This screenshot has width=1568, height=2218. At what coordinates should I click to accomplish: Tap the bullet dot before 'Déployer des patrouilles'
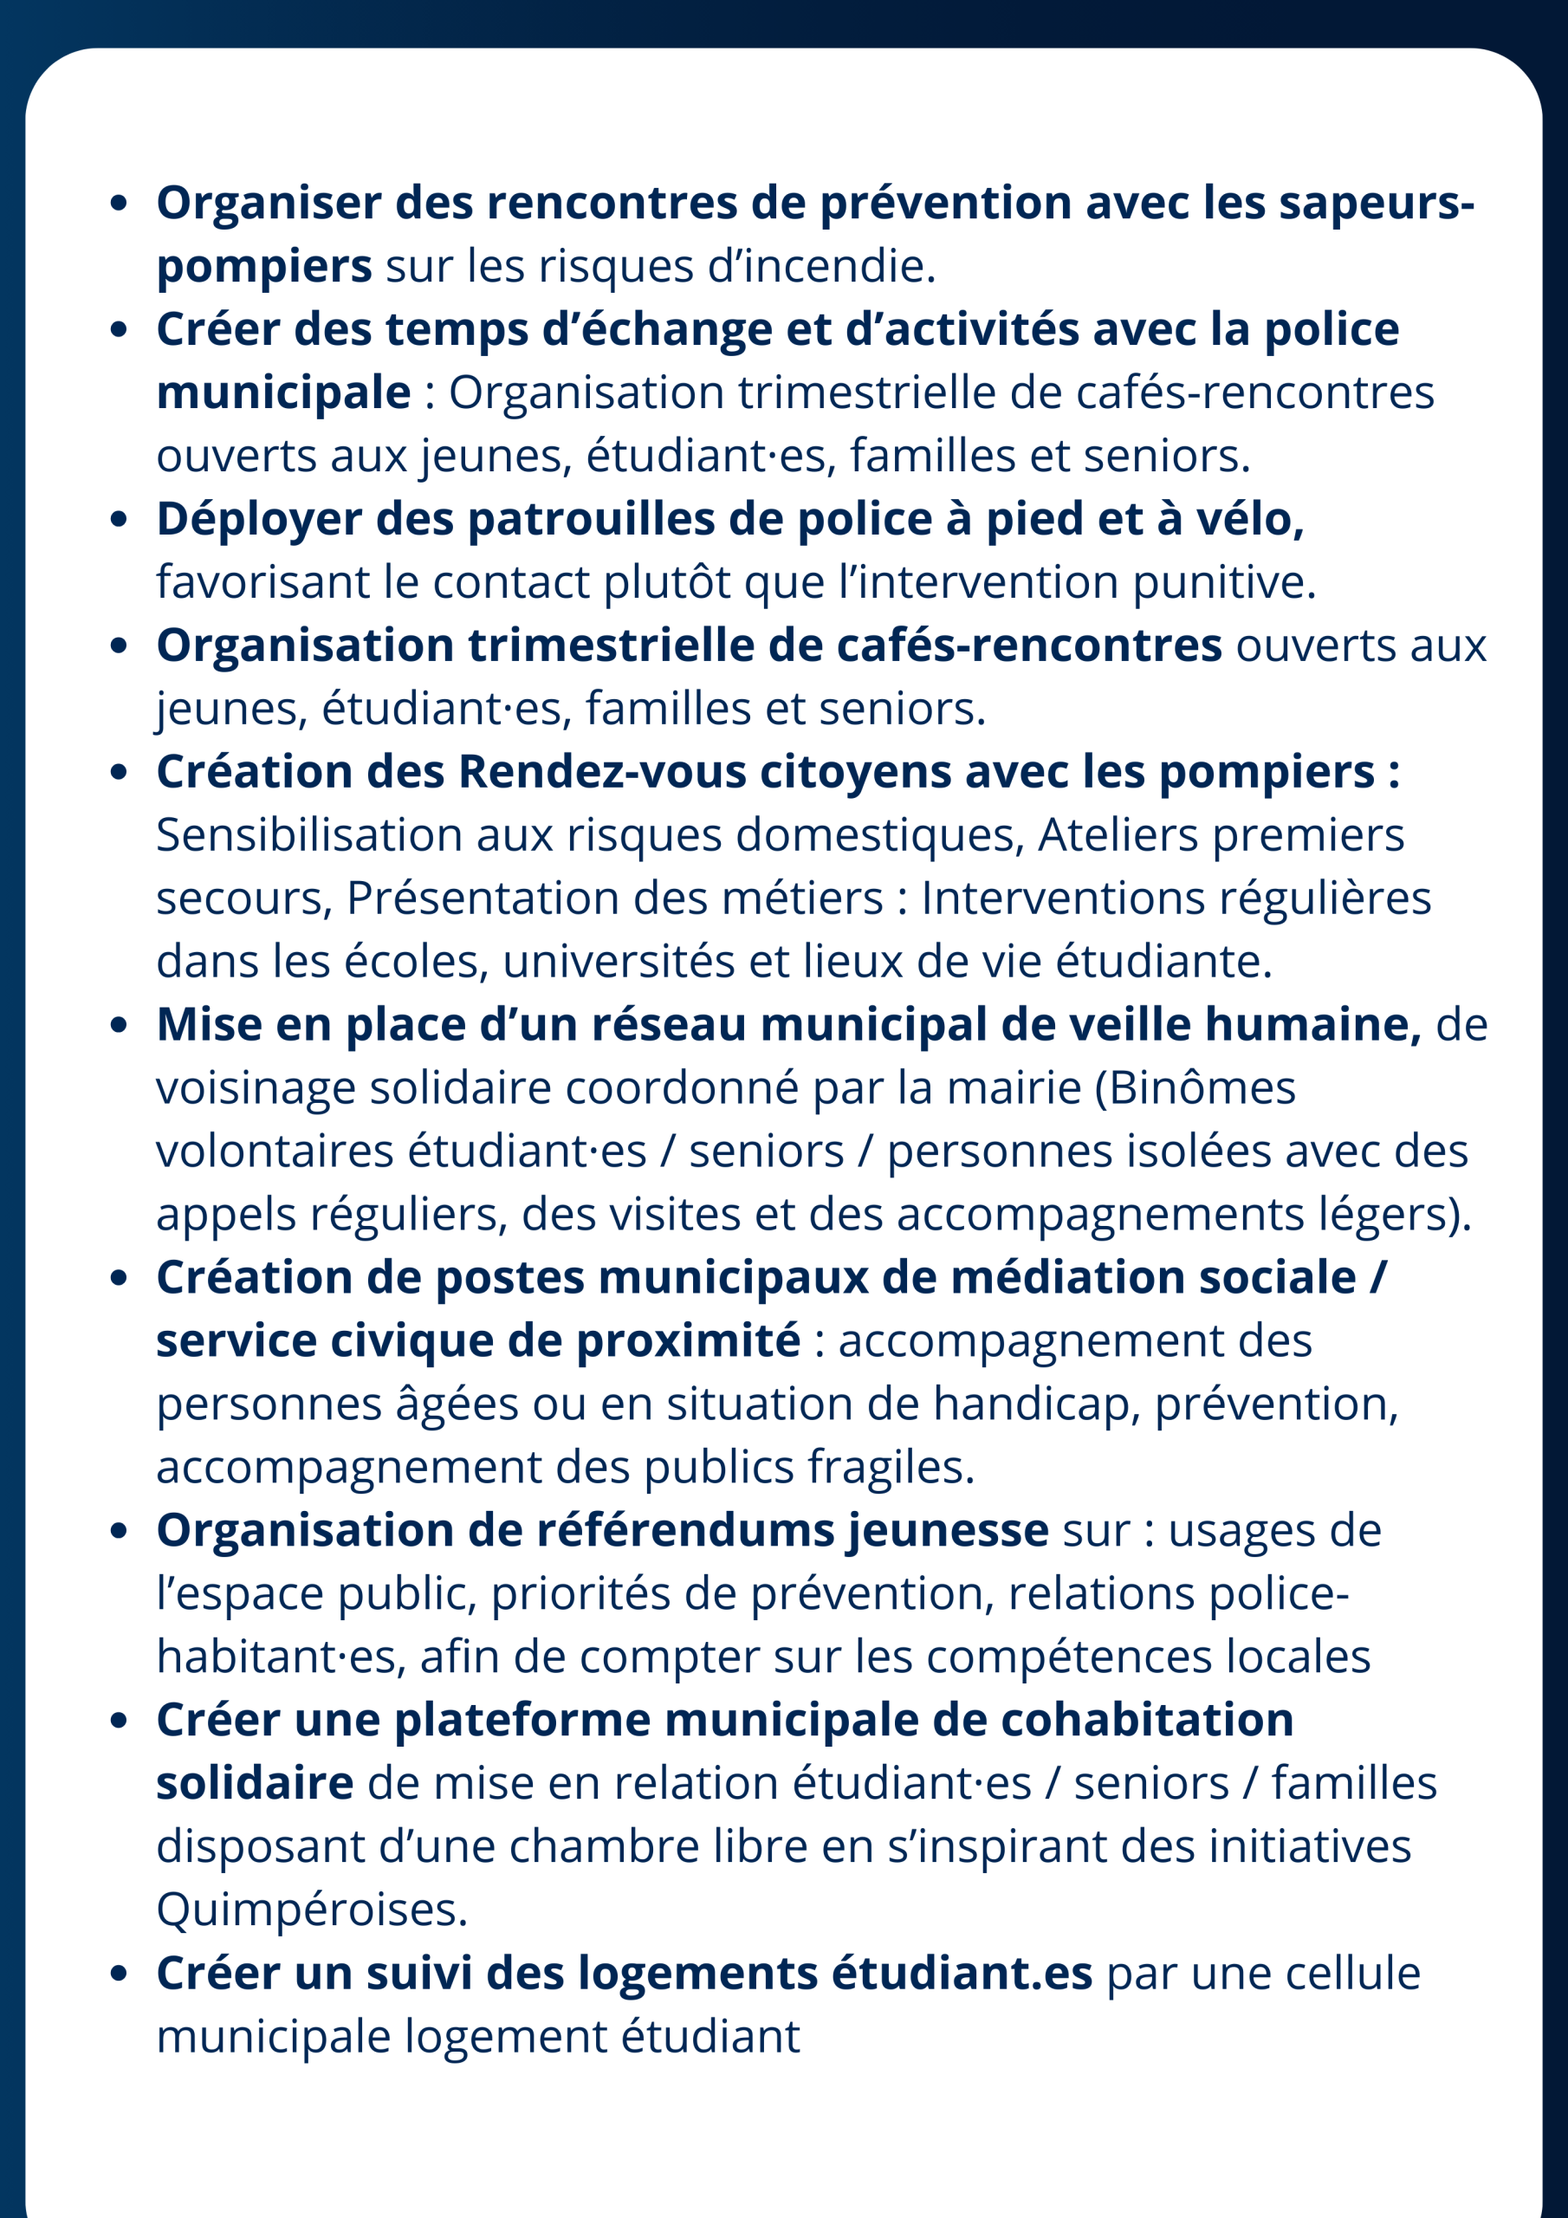tap(119, 520)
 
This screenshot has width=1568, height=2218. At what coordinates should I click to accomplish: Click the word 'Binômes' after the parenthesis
tap(1201, 1087)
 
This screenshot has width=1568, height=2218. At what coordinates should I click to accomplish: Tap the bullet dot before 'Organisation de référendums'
tap(119, 1531)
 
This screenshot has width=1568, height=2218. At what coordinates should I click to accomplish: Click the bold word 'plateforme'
tap(522, 1720)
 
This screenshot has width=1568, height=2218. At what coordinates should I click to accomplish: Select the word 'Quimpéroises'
tap(311, 1910)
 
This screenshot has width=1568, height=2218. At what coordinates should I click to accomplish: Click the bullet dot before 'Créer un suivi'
tap(119, 1974)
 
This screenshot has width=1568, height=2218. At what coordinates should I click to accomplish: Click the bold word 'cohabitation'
tap(1147, 1720)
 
